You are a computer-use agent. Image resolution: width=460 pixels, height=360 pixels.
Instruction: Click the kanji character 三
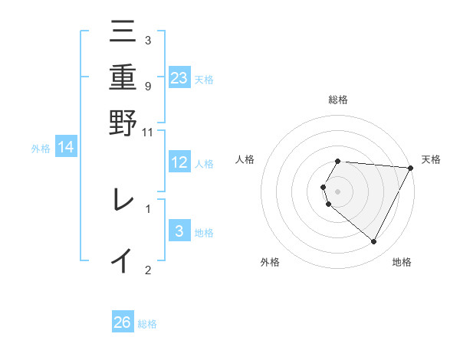[x=123, y=32]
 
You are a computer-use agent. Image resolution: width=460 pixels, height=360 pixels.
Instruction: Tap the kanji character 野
[x=123, y=122]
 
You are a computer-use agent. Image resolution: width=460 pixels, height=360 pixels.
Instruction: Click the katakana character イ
[x=123, y=260]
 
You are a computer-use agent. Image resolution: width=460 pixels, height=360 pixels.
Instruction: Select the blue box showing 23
[x=179, y=77]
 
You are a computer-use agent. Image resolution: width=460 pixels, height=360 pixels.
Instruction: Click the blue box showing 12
[x=179, y=162]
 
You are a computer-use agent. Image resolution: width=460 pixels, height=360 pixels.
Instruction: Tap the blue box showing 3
[x=179, y=231]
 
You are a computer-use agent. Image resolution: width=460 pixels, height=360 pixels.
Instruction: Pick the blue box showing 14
[x=66, y=147]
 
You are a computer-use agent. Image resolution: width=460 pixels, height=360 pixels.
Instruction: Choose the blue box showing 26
[x=123, y=322]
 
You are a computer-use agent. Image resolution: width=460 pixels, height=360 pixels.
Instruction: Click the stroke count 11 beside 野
[x=148, y=132]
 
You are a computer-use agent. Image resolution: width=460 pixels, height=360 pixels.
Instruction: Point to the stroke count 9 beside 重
[x=147, y=86]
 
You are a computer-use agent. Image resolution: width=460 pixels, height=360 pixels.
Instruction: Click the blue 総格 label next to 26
[x=147, y=324]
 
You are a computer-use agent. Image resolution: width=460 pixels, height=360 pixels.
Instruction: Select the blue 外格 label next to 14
[x=40, y=149]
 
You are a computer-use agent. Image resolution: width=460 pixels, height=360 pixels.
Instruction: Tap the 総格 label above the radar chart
[x=338, y=100]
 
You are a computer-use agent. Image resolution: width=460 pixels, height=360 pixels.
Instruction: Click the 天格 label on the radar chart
[x=431, y=159]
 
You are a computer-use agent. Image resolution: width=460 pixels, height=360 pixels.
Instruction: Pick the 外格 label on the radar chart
[x=270, y=262]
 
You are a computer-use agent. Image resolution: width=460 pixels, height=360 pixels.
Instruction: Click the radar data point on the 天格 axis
[x=410, y=168]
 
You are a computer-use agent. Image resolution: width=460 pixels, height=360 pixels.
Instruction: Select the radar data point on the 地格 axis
[x=374, y=241]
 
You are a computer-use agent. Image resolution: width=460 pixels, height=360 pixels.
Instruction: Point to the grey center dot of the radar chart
[x=338, y=191]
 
